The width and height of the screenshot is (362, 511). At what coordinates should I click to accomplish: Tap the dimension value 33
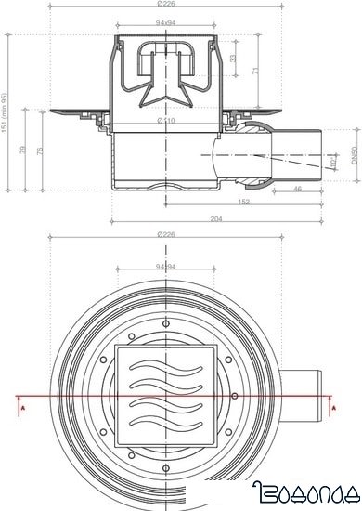click(x=232, y=58)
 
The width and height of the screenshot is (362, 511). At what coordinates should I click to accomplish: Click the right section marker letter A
click(x=331, y=405)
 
